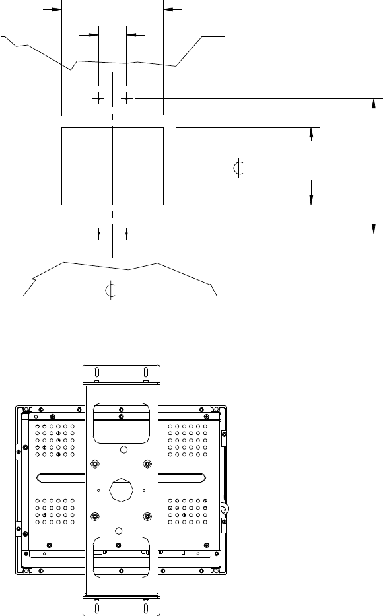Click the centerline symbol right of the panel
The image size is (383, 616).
click(240, 169)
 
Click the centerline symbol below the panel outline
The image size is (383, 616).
click(112, 291)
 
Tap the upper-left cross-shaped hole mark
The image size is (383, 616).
click(98, 98)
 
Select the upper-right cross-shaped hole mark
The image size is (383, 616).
click(127, 98)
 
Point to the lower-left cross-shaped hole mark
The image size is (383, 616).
click(98, 234)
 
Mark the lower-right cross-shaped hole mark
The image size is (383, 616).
click(127, 234)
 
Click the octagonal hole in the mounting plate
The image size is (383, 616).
click(122, 490)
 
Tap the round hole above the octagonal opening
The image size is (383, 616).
click(123, 450)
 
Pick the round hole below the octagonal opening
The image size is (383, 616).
click(119, 531)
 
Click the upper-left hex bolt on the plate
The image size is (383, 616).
click(94, 464)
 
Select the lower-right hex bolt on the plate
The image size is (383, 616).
click(147, 516)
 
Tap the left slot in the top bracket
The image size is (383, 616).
click(97, 372)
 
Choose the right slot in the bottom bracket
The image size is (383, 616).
click(146, 608)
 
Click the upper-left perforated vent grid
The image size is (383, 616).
click(55, 440)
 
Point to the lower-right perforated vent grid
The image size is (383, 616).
click(188, 512)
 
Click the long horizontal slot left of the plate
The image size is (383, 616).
click(61, 478)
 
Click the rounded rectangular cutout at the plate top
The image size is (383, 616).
click(122, 423)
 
